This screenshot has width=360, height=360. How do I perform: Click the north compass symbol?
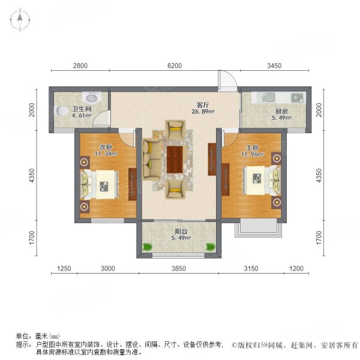pos(20,21)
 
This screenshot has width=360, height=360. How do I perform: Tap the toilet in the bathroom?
pos(62,110)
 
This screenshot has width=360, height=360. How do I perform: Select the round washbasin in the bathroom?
pos(92,97)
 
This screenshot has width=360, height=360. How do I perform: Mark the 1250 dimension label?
pos(64,268)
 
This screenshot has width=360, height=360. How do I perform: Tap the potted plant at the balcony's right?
pos(211,246)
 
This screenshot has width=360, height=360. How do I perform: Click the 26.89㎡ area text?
pos(203,111)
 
